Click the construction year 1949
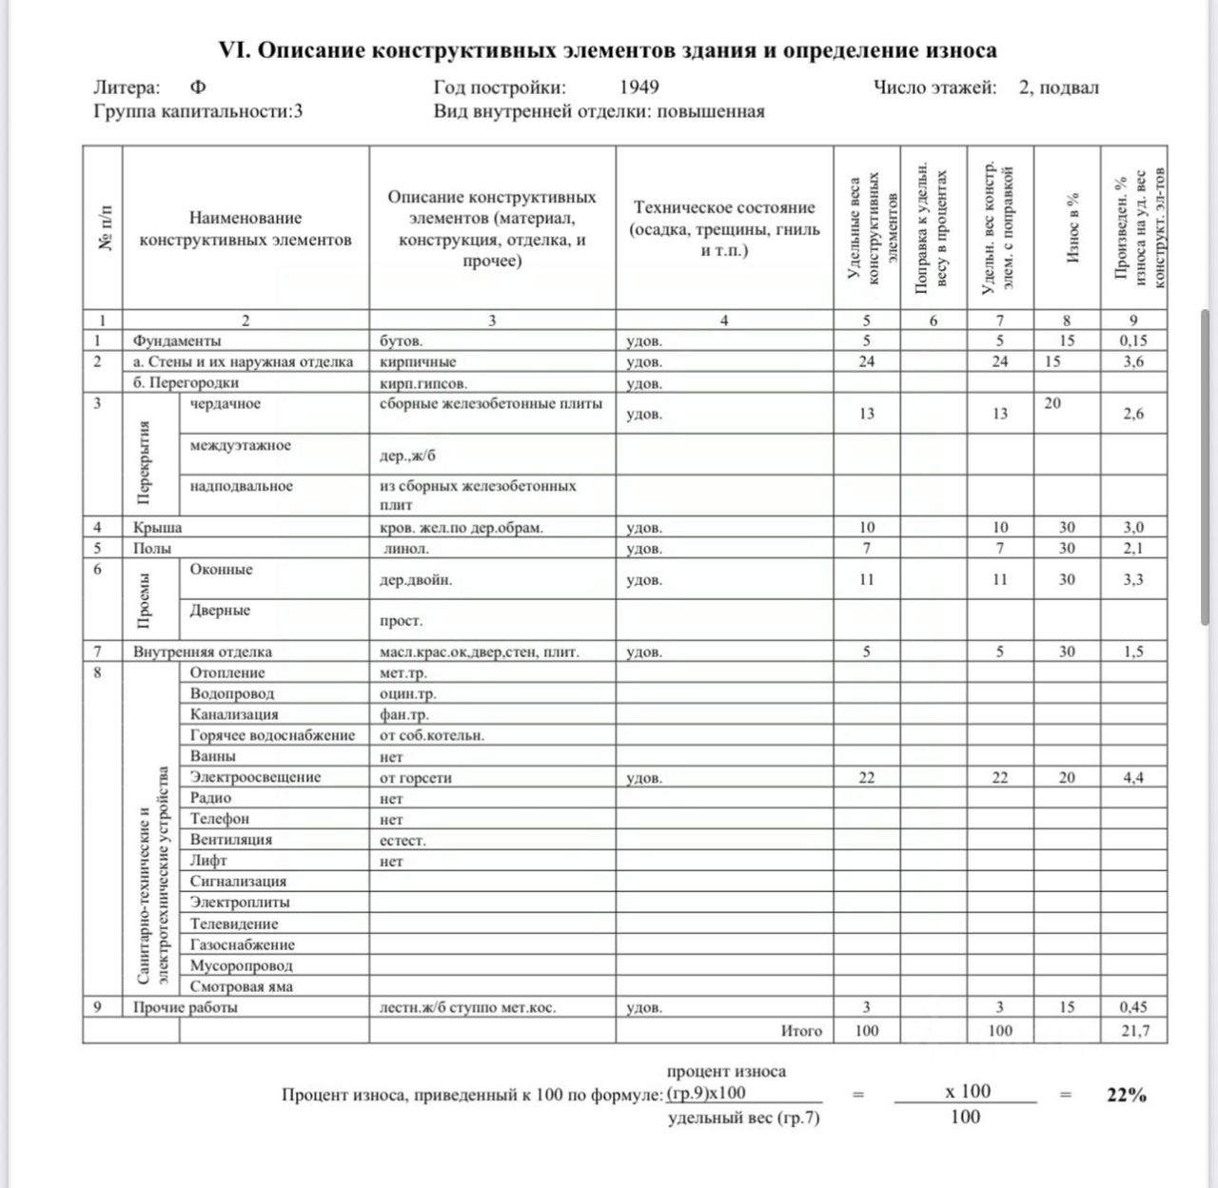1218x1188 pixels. (x=639, y=88)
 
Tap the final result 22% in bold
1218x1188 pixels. (x=1127, y=1095)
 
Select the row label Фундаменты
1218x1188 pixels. (x=177, y=341)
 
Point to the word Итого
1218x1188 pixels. (x=801, y=1031)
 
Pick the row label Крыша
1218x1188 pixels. (x=157, y=527)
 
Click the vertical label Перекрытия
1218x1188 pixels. (x=144, y=463)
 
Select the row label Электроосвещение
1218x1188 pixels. (x=255, y=777)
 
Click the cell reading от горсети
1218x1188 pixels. (x=416, y=778)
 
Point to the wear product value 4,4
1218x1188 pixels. (x=1133, y=778)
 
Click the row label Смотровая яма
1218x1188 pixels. (x=241, y=986)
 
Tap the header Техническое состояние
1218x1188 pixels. (x=724, y=228)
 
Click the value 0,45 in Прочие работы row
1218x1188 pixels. (x=1133, y=1007)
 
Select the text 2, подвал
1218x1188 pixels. (x=1059, y=88)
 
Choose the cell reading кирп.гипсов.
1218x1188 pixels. (x=423, y=383)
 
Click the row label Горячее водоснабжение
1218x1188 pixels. (x=272, y=735)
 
